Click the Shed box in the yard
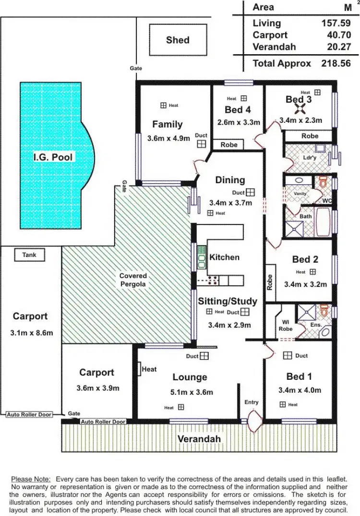click(178, 40)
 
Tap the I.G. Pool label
click(54, 157)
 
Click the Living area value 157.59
click(336, 23)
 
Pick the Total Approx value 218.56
click(336, 63)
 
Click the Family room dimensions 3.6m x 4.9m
click(168, 138)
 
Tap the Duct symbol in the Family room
click(201, 143)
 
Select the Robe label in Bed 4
click(229, 144)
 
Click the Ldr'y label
click(310, 157)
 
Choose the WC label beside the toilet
click(327, 200)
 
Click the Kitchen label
click(224, 257)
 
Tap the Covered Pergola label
click(133, 280)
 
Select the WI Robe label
click(286, 326)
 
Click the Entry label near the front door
click(251, 402)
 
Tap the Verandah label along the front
click(199, 439)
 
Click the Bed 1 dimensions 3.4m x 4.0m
click(300, 390)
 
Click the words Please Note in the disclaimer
click(31, 479)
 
